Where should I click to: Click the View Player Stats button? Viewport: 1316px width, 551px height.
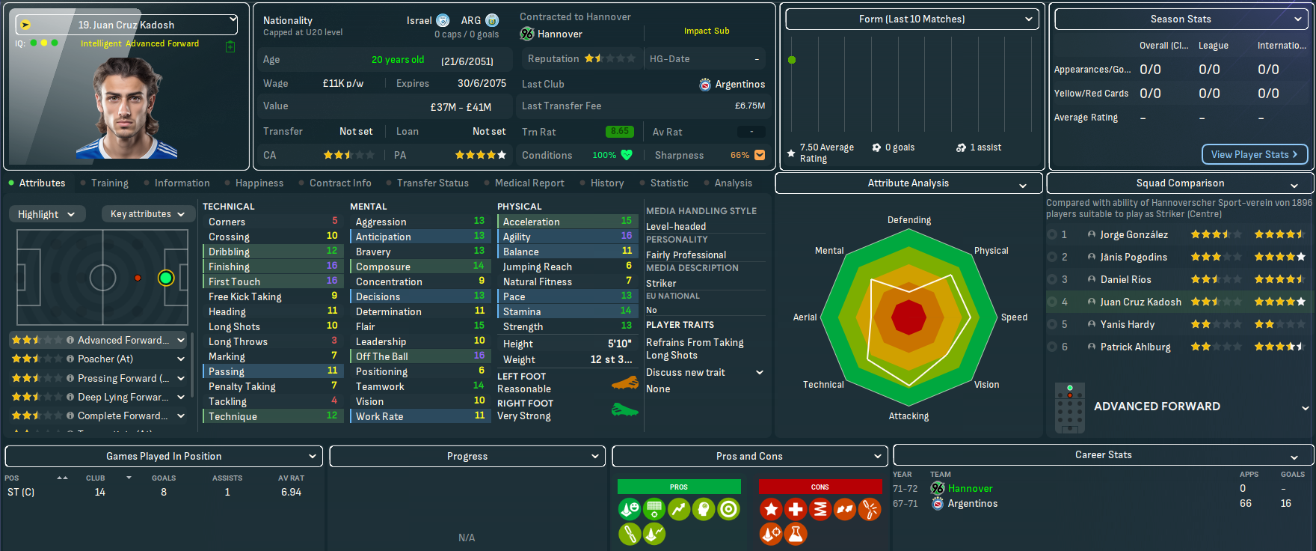[x=1254, y=154]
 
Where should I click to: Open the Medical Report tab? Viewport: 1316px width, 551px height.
[x=529, y=183]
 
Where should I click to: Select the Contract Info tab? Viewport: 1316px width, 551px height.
[x=340, y=183]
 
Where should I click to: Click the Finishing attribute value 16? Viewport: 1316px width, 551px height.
[x=332, y=266]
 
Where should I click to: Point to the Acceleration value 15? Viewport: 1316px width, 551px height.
[x=626, y=221]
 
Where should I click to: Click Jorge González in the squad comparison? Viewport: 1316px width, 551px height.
[x=1134, y=234]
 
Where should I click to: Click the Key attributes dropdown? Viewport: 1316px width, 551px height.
[x=147, y=214]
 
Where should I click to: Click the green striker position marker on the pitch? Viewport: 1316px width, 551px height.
[x=166, y=278]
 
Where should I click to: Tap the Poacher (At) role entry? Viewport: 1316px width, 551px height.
[x=105, y=359]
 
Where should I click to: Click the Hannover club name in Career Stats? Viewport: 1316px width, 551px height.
[x=970, y=488]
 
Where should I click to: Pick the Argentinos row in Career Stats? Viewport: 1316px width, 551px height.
[x=972, y=503]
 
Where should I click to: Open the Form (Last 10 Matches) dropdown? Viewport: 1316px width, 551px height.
[x=911, y=19]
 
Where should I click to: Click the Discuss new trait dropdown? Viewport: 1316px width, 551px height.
[x=704, y=372]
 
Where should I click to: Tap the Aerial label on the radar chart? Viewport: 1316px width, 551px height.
[x=805, y=317]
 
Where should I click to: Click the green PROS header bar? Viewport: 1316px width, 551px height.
[x=678, y=487]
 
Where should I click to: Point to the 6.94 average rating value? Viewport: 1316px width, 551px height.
[x=291, y=492]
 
